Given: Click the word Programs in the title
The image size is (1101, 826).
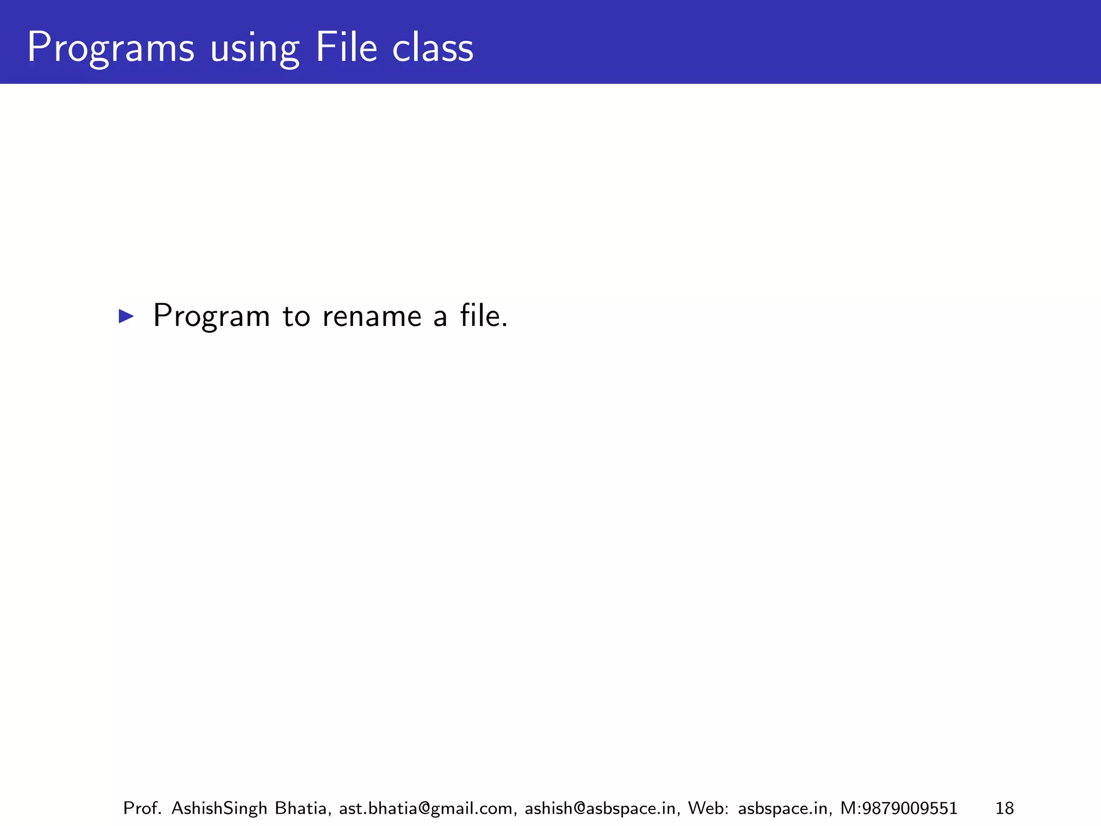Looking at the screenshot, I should point(110,48).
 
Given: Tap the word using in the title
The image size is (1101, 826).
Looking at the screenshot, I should point(254,48).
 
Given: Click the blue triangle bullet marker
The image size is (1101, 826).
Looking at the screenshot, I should point(126,316).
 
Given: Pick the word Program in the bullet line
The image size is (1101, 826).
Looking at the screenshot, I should point(211,316).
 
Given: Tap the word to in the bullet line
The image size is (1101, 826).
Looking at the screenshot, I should point(296,316).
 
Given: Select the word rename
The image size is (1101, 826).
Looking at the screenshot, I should point(372,316).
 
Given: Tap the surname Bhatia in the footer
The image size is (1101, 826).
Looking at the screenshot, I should point(303,808).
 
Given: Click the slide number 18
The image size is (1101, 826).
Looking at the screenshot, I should point(1005,808).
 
